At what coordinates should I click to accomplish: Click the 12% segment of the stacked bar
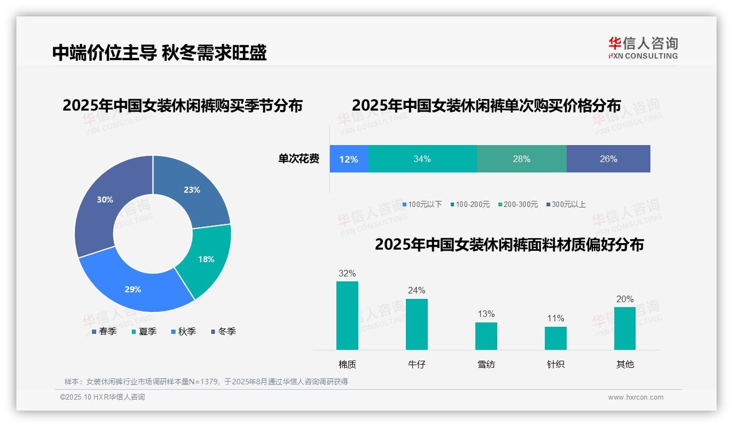[x=348, y=159]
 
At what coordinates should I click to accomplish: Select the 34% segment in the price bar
[x=422, y=159]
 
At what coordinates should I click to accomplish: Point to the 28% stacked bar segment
[x=521, y=159]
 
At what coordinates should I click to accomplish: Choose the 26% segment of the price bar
[x=608, y=159]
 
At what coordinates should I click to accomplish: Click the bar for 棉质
[x=347, y=315]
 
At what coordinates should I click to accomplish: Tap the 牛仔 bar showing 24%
[x=416, y=324]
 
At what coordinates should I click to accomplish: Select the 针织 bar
[x=555, y=338]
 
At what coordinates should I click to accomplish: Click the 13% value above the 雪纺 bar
[x=486, y=314]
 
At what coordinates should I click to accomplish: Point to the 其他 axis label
[x=625, y=364]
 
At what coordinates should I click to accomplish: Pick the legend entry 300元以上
[x=568, y=204]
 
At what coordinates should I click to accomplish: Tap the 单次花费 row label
[x=299, y=159]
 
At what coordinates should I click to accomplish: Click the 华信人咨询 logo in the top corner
[x=643, y=48]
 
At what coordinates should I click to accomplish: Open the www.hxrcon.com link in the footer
[x=636, y=397]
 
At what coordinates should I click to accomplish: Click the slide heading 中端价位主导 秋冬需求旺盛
[x=159, y=53]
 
